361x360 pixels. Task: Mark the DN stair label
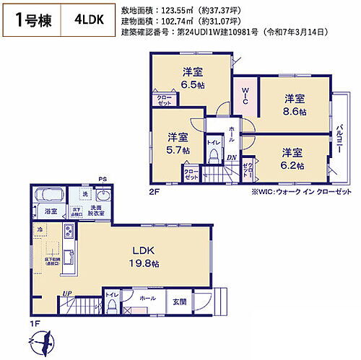232,159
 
